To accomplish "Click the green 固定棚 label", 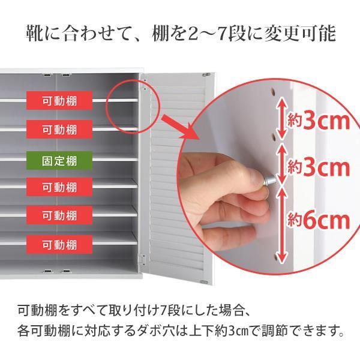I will point(59,161).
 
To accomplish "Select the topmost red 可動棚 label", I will point(59,100).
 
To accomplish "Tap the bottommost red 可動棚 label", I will point(59,245).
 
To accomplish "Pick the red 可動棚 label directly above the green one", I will point(59,129).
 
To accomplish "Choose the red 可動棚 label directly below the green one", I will point(59,187).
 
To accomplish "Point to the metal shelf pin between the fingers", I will point(270,179).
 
